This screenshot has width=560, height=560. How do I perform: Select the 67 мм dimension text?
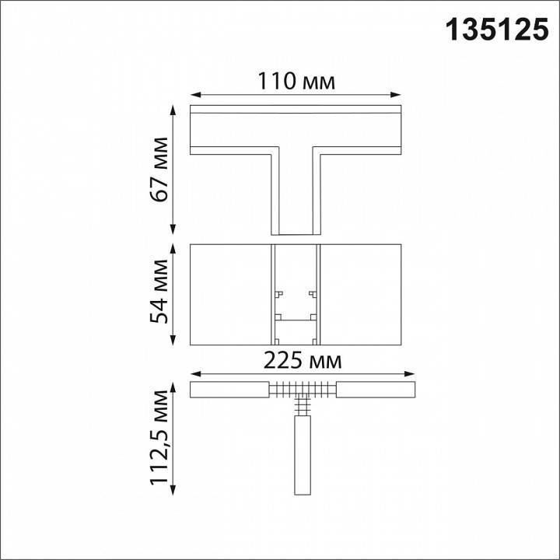point(160,170)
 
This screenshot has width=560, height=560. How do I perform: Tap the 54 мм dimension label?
point(160,295)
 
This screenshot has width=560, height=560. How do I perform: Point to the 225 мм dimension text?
point(302,361)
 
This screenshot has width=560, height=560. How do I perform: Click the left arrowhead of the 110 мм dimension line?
point(194,95)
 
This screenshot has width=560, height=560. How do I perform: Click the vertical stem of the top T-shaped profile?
point(295,191)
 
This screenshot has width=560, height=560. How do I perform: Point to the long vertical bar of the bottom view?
point(302,455)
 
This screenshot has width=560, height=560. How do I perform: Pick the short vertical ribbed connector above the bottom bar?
point(302,405)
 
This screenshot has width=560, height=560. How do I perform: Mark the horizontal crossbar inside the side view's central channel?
point(295,319)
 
